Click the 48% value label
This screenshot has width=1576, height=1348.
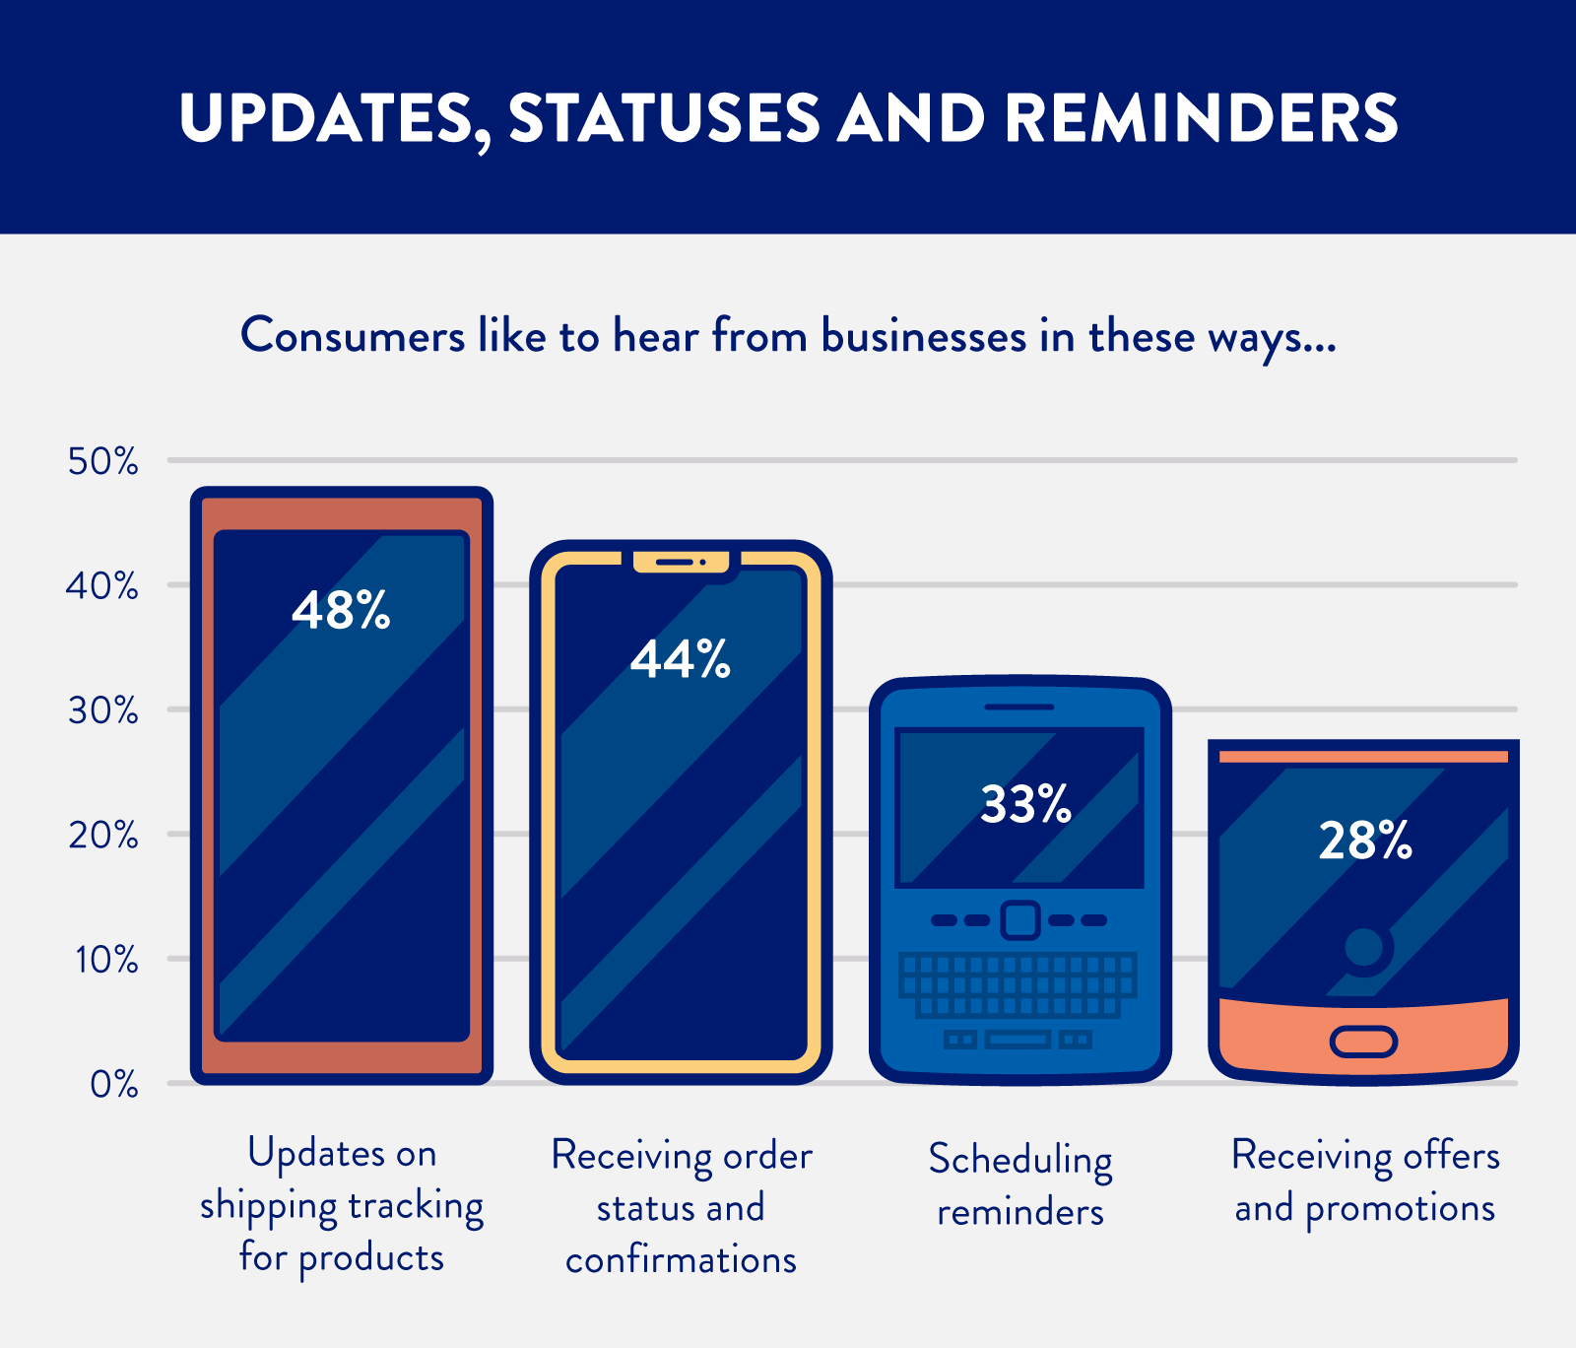[341, 610]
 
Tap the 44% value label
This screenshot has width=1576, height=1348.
[681, 659]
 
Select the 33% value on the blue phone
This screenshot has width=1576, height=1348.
[1025, 804]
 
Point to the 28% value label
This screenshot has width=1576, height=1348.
[1365, 841]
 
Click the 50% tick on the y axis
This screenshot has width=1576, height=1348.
[102, 461]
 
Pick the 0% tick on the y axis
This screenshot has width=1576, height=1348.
[113, 1084]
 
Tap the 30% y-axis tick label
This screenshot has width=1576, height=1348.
[102, 710]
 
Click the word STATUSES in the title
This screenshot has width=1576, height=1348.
[664, 118]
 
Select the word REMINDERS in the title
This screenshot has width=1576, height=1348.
[1201, 118]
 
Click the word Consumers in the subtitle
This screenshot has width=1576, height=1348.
[353, 336]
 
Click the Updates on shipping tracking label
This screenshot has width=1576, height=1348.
[342, 1205]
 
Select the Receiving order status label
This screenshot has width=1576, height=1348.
[681, 1207]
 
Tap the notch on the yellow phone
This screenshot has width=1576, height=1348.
[682, 563]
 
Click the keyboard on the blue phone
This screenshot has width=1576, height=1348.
[1019, 985]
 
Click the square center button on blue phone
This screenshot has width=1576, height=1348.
[1019, 920]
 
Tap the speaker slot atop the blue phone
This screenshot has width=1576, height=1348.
[1019, 707]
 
